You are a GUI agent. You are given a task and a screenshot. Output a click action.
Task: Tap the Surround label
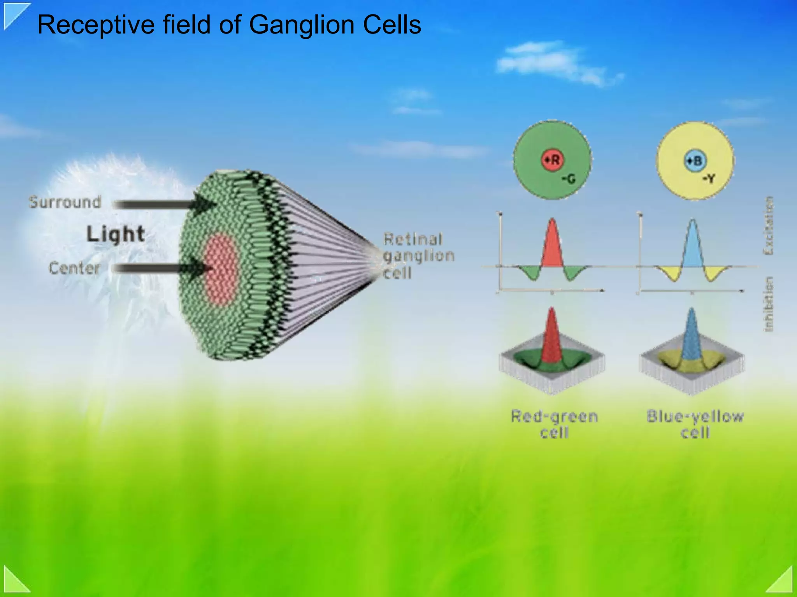[65, 202]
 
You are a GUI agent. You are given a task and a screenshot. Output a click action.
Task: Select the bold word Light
[116, 234]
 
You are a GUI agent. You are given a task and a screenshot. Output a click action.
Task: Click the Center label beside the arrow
[74, 268]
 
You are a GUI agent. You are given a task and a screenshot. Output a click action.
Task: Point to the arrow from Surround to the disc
[163, 204]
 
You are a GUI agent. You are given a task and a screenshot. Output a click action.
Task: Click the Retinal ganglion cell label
[418, 256]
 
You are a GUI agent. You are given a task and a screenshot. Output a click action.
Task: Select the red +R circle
[553, 160]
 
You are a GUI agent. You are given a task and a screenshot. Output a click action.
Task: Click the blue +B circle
[695, 160]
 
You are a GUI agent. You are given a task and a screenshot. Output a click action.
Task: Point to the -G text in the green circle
[569, 179]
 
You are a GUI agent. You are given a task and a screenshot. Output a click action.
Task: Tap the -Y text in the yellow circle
[709, 179]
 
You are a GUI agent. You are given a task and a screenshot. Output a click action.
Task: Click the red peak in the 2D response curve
[552, 245]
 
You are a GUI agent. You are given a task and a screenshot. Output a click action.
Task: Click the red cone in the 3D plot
[551, 337]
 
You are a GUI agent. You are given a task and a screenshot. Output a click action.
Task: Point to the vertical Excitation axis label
[769, 226]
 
